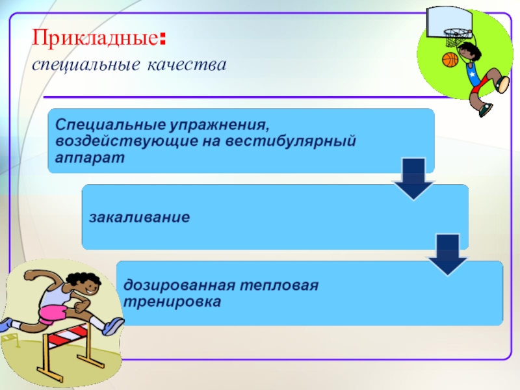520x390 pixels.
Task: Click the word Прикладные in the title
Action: [94, 38]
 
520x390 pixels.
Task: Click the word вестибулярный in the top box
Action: [309, 140]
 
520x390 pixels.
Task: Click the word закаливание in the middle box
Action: [140, 216]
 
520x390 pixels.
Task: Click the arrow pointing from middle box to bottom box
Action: [447, 255]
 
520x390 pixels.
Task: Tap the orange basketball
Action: [450, 60]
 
